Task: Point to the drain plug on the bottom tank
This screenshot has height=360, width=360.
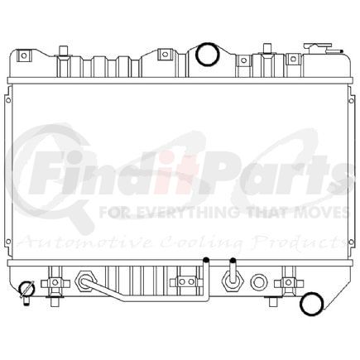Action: [28, 289]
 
